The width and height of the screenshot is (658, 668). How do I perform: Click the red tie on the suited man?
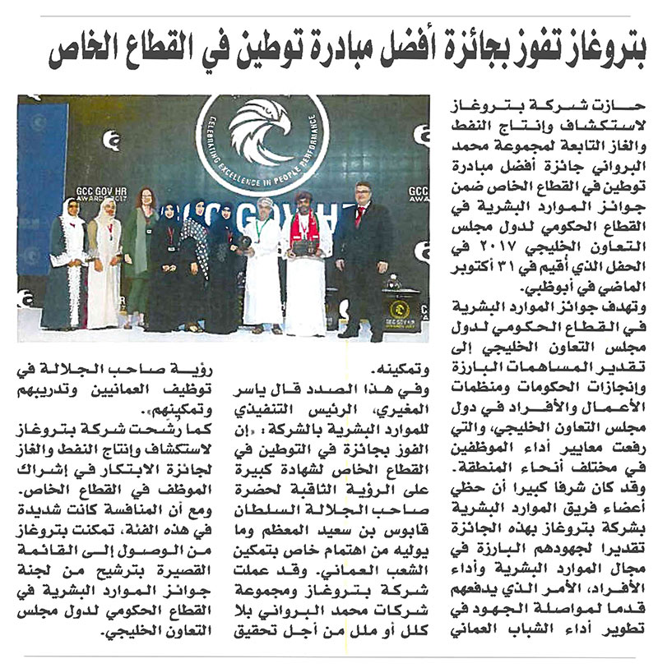click(359, 217)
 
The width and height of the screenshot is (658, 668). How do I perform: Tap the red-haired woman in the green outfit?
click(139, 255)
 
